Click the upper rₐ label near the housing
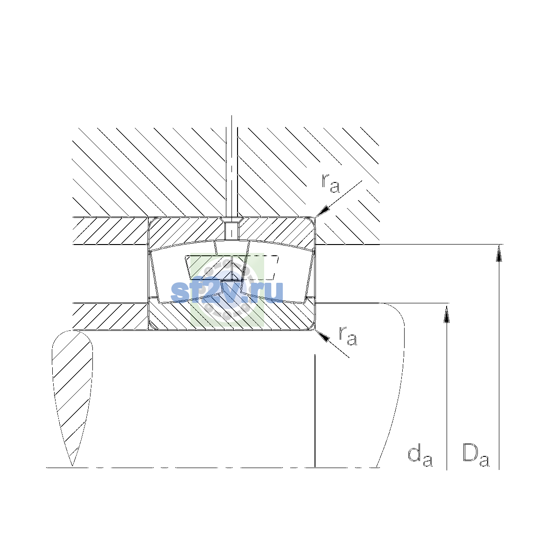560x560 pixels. (330, 183)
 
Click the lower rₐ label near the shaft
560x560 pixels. (348, 336)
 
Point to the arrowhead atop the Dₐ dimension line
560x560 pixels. (499, 253)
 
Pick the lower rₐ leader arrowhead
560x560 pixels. (322, 336)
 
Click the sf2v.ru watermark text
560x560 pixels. (227, 292)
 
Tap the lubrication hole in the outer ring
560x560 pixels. (231, 231)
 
